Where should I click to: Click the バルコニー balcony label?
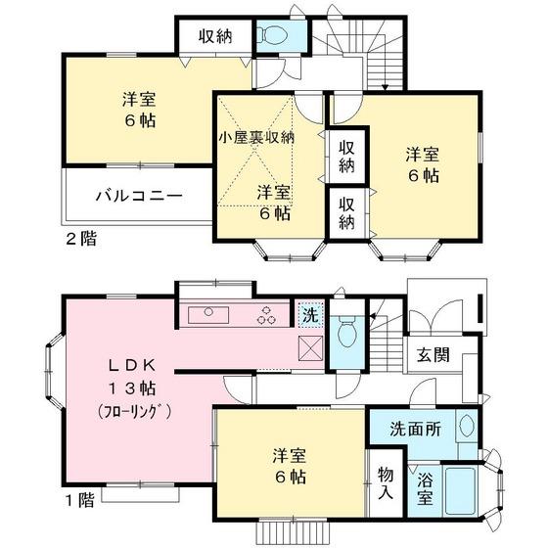point(138,196)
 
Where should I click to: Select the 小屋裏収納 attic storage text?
point(255,137)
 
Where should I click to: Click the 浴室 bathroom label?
point(425,488)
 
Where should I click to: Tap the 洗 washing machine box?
point(309,316)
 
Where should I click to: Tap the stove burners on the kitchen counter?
point(266,315)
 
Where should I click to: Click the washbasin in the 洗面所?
point(465,427)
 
